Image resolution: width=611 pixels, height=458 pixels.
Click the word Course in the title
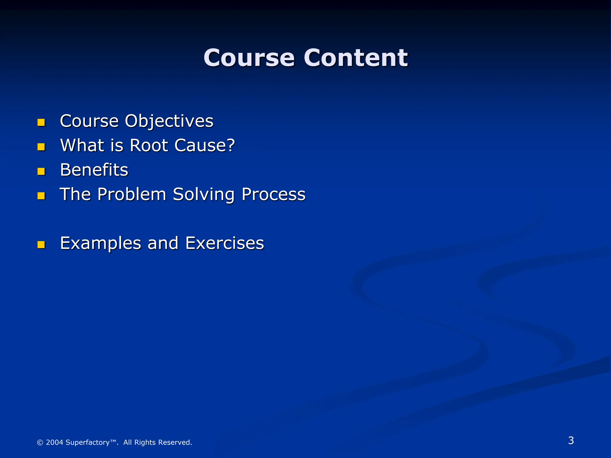click(249, 58)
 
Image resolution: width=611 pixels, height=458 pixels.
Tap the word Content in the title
click(356, 58)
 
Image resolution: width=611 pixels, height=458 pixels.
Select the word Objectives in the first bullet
click(169, 122)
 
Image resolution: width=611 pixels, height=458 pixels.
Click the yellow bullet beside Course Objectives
click(41, 123)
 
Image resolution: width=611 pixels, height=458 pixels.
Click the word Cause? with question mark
click(205, 146)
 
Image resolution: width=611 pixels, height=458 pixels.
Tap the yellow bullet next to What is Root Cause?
click(41, 147)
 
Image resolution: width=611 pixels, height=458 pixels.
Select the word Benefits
click(94, 170)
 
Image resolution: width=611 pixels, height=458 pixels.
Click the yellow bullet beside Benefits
click(41, 171)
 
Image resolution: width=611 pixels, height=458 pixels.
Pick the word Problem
click(132, 194)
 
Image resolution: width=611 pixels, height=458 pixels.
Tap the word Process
click(273, 194)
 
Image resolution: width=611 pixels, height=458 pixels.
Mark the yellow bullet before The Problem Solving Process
click(41, 196)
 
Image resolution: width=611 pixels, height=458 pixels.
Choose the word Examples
click(101, 243)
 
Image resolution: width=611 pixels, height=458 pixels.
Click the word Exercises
click(224, 243)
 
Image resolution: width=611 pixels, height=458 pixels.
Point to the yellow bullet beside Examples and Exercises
click(41, 245)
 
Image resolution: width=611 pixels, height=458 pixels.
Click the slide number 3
click(571, 440)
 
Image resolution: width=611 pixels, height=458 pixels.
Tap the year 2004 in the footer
click(55, 442)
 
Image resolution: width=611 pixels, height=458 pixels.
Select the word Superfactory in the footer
click(88, 442)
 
